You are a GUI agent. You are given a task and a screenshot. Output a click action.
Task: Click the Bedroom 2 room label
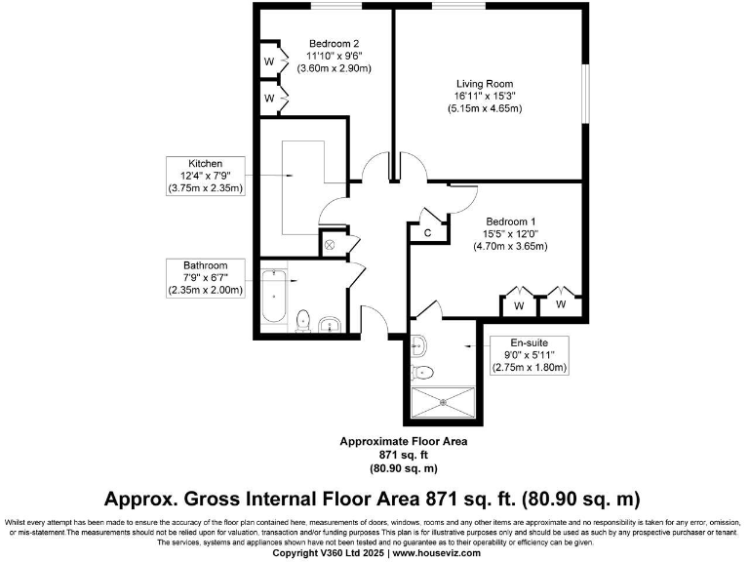335,43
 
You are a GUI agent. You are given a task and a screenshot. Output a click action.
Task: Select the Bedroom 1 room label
511,221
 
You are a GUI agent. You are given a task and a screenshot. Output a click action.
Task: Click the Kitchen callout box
206,176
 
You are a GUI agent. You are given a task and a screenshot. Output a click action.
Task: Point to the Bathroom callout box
205,277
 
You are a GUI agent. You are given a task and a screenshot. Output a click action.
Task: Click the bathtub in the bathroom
274,299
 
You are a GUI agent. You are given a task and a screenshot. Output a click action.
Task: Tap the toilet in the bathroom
303,319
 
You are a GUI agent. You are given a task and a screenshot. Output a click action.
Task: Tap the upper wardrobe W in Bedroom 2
269,61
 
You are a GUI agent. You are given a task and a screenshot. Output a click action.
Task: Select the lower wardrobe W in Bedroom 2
269,99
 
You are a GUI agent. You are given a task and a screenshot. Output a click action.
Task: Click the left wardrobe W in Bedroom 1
519,305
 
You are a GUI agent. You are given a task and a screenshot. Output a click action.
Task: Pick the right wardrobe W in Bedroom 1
561,304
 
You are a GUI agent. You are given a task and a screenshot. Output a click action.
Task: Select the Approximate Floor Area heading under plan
403,441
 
